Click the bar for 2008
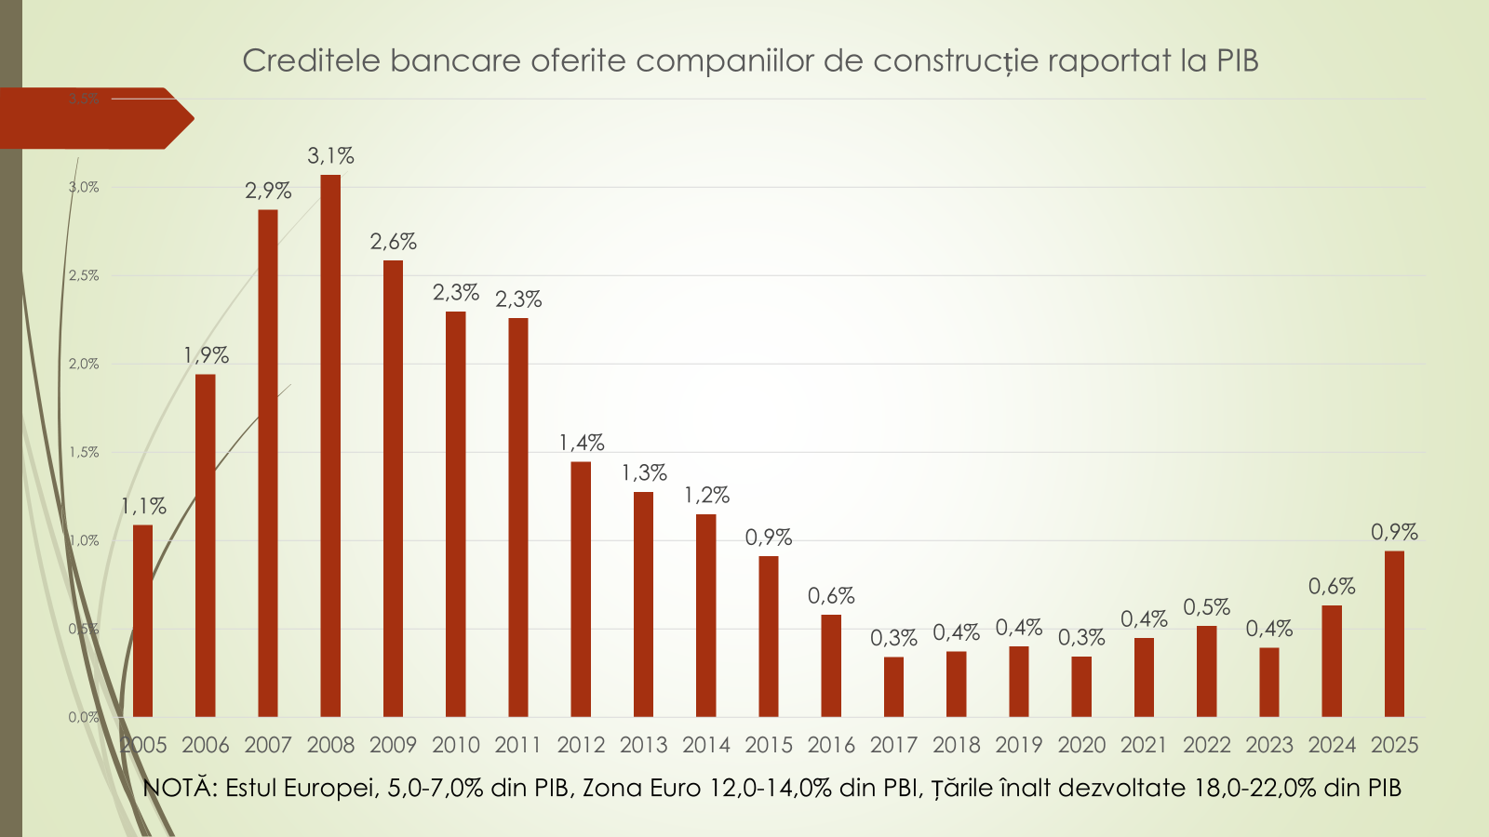(x=330, y=446)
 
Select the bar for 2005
(x=142, y=621)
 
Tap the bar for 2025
(x=1394, y=634)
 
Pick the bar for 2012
(x=581, y=590)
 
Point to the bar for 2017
(x=893, y=687)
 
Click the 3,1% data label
(x=330, y=156)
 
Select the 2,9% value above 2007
(x=268, y=191)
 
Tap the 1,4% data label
(x=582, y=443)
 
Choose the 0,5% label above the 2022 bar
(x=1206, y=607)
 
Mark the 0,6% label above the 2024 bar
(x=1332, y=587)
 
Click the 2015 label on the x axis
(x=769, y=745)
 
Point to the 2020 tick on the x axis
(x=1081, y=745)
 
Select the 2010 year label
(x=456, y=745)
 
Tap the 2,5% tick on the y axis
(x=84, y=275)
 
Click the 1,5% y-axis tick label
(x=84, y=452)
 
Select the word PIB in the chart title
(x=1237, y=60)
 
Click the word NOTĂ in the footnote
(x=180, y=788)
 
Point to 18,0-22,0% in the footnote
(x=1261, y=788)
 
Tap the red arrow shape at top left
(x=93, y=118)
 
